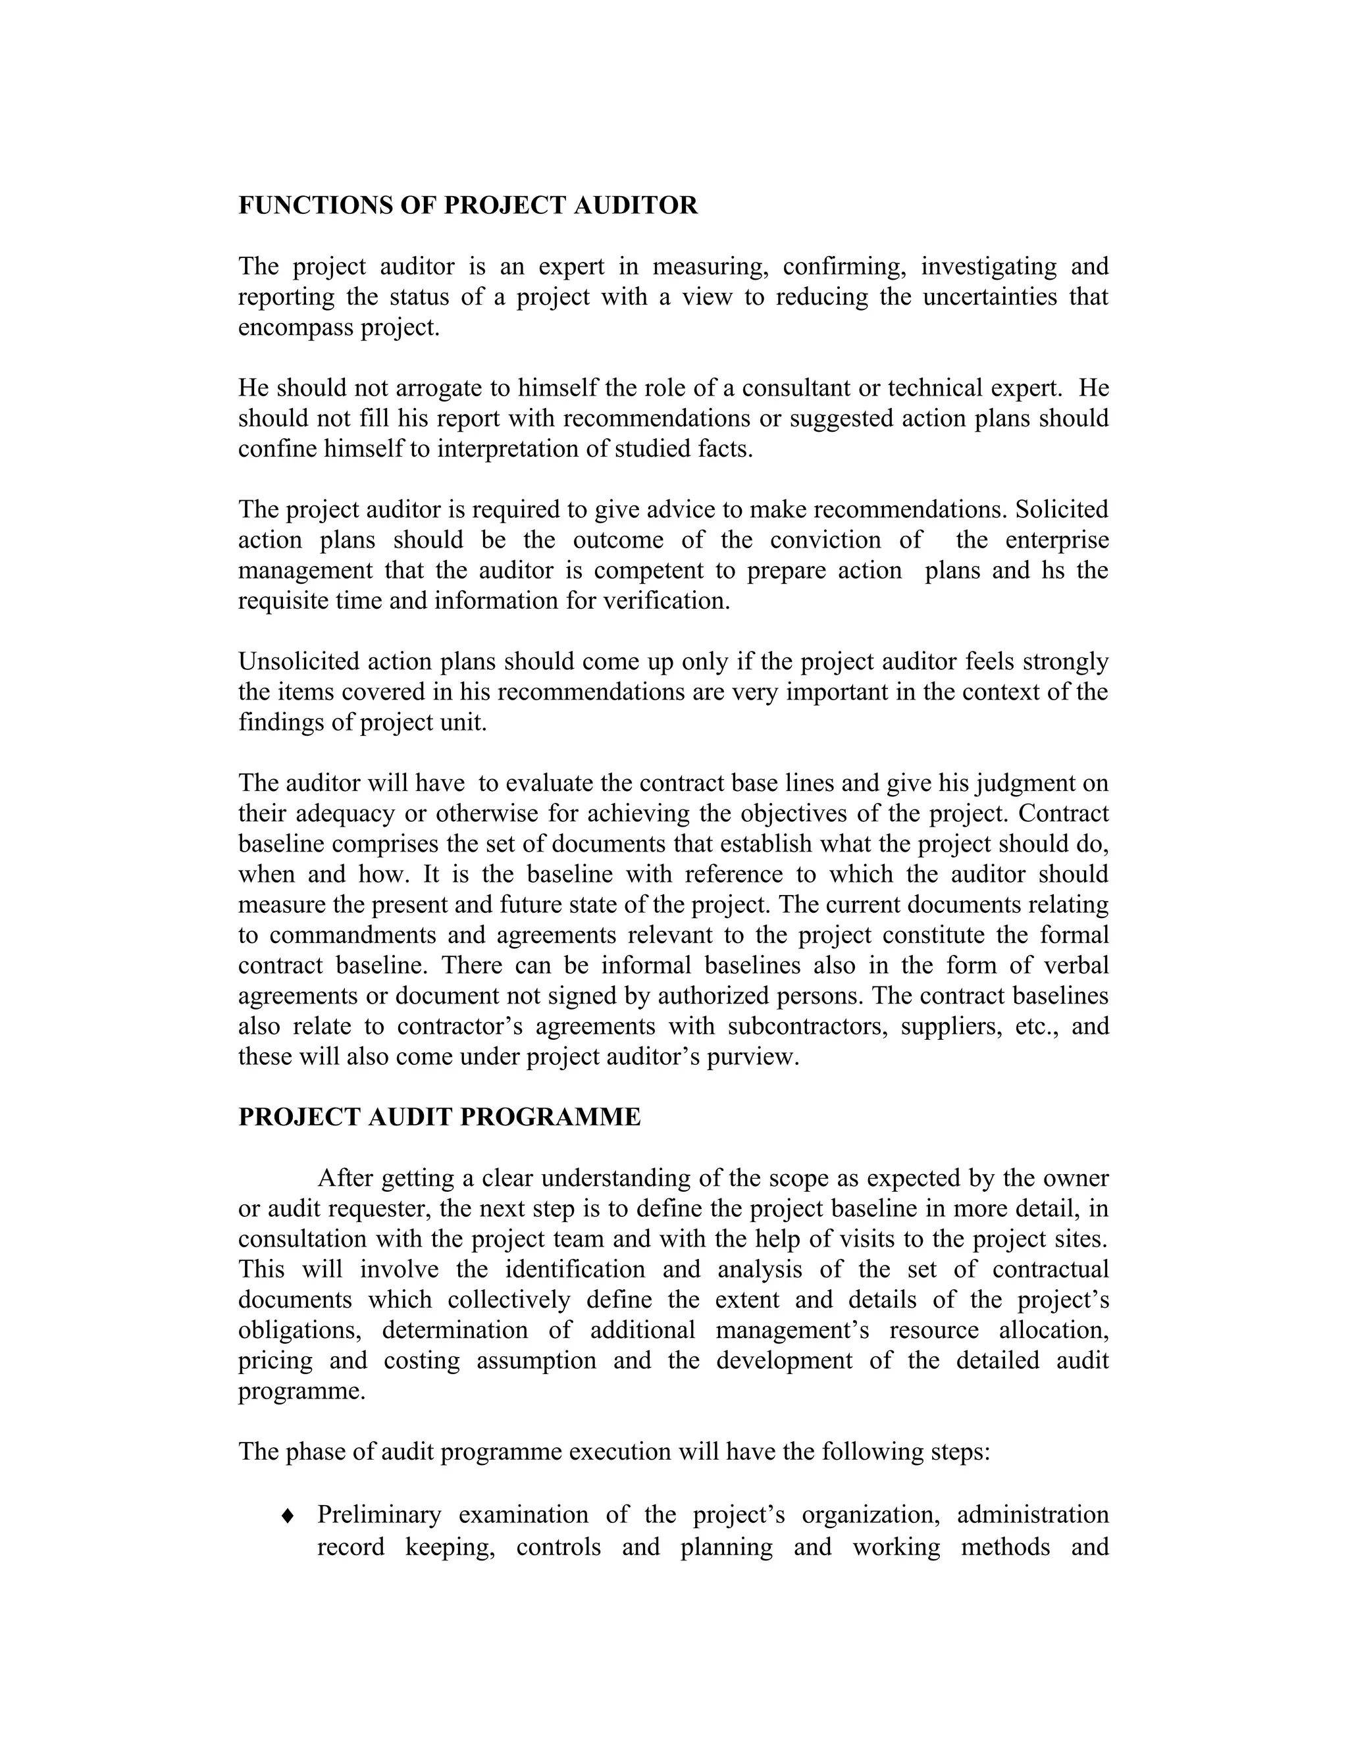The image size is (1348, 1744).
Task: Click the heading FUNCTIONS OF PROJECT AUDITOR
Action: pyautogui.click(x=468, y=205)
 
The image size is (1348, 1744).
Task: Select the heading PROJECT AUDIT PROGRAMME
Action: pyautogui.click(x=439, y=1116)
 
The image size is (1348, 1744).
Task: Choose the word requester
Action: pyautogui.click(x=380, y=1208)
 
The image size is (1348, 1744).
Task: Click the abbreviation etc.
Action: pyautogui.click(x=1034, y=1025)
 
